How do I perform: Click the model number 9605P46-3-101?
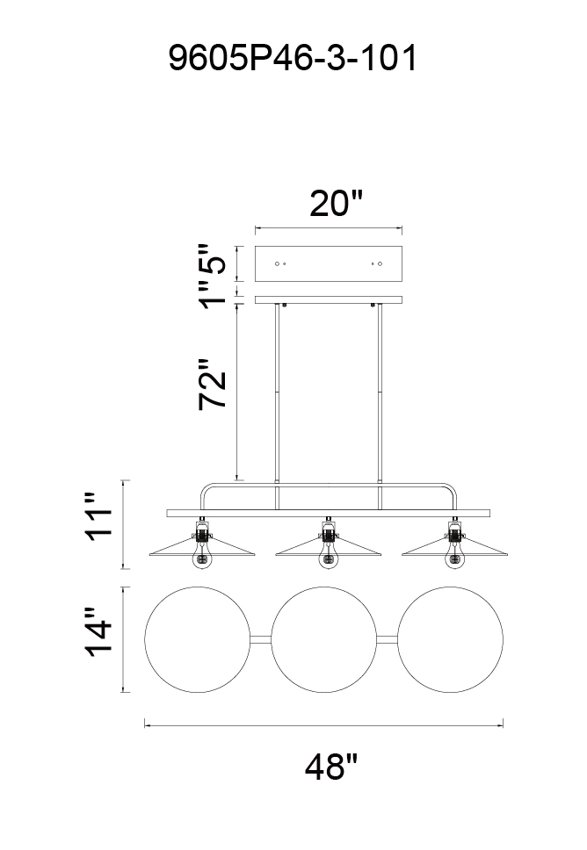coord(293,58)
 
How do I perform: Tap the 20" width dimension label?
coord(336,204)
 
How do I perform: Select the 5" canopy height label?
coord(212,260)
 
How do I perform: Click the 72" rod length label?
coord(212,383)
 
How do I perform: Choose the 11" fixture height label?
coord(98,516)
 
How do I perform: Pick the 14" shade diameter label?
coord(98,632)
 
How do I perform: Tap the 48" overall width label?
coord(331,767)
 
